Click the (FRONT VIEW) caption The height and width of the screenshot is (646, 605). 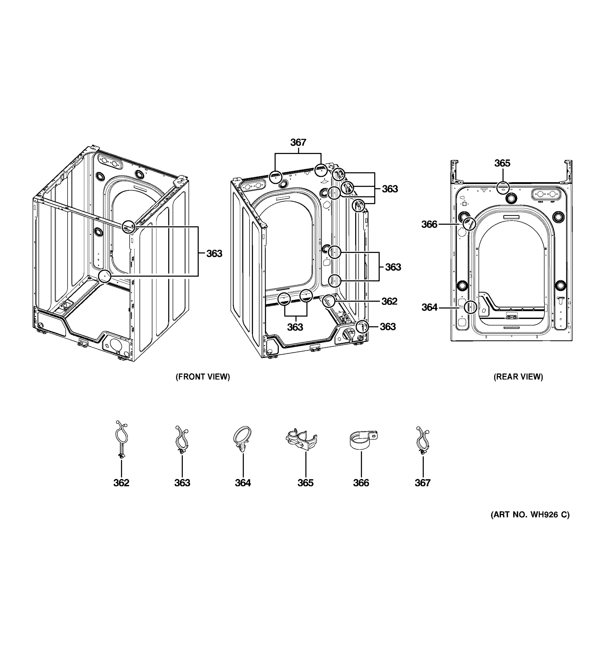[x=202, y=377]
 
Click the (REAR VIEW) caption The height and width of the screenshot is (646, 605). [x=518, y=377]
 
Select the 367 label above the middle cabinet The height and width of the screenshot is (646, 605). [x=298, y=142]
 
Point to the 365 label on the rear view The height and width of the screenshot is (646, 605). [x=502, y=163]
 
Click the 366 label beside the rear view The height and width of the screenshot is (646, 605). [x=429, y=224]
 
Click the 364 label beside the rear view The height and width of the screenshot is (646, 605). [x=429, y=307]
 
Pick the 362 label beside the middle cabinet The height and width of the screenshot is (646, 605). [x=389, y=301]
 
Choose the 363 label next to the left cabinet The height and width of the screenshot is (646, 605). [x=214, y=254]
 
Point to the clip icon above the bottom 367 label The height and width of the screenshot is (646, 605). [x=422, y=440]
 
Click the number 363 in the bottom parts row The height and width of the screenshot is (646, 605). [x=182, y=483]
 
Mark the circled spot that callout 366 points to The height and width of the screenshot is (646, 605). [x=469, y=224]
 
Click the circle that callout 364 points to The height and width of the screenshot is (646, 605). [x=470, y=307]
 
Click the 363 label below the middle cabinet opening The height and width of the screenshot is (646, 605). [x=295, y=327]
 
